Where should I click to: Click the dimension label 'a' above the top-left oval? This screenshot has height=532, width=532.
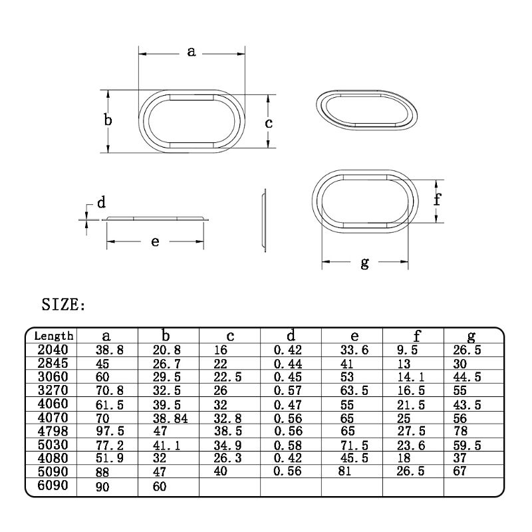click(191, 51)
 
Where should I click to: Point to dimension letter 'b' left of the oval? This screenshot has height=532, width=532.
click(108, 120)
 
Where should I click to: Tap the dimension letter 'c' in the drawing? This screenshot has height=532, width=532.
click(269, 123)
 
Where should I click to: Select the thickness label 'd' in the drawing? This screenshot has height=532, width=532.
click(101, 203)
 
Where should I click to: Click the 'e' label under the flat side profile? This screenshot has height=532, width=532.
click(155, 241)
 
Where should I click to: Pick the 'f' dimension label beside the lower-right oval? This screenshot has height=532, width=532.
click(438, 199)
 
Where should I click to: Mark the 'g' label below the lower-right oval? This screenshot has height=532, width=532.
click(364, 263)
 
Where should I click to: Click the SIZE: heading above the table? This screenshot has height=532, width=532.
click(64, 305)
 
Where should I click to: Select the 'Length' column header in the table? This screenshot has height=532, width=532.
click(53, 336)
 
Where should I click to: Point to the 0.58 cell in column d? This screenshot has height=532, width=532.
click(288, 445)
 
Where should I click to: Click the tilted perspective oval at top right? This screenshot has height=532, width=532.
click(365, 108)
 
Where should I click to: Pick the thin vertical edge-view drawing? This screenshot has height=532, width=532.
click(263, 221)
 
